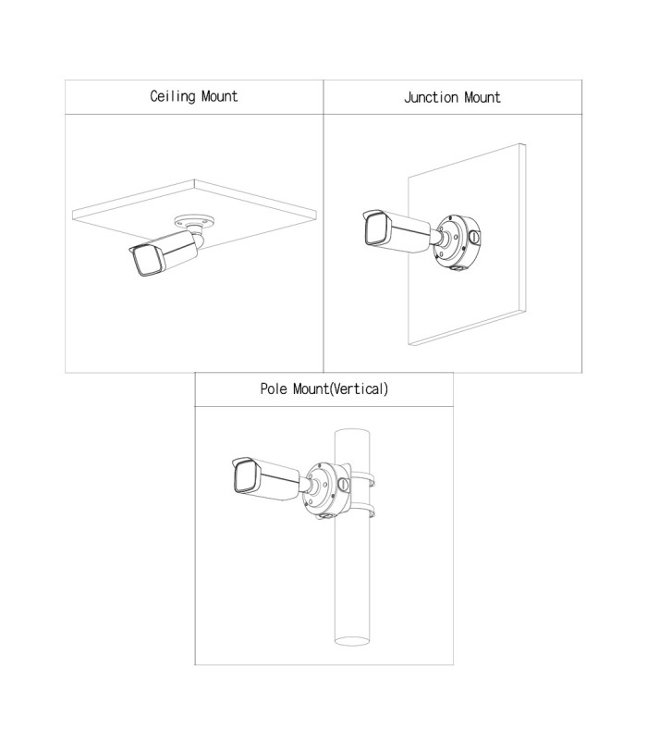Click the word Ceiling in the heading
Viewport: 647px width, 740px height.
[172, 96]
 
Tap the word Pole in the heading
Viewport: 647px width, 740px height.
[275, 389]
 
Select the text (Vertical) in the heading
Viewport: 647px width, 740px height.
[356, 389]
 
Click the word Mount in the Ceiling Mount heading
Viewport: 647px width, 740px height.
[217, 96]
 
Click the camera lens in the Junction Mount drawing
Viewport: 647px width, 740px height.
[375, 229]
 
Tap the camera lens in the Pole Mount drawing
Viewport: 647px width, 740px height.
[244, 479]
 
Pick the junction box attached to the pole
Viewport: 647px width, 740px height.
[323, 488]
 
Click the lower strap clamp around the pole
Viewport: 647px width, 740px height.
[366, 513]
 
